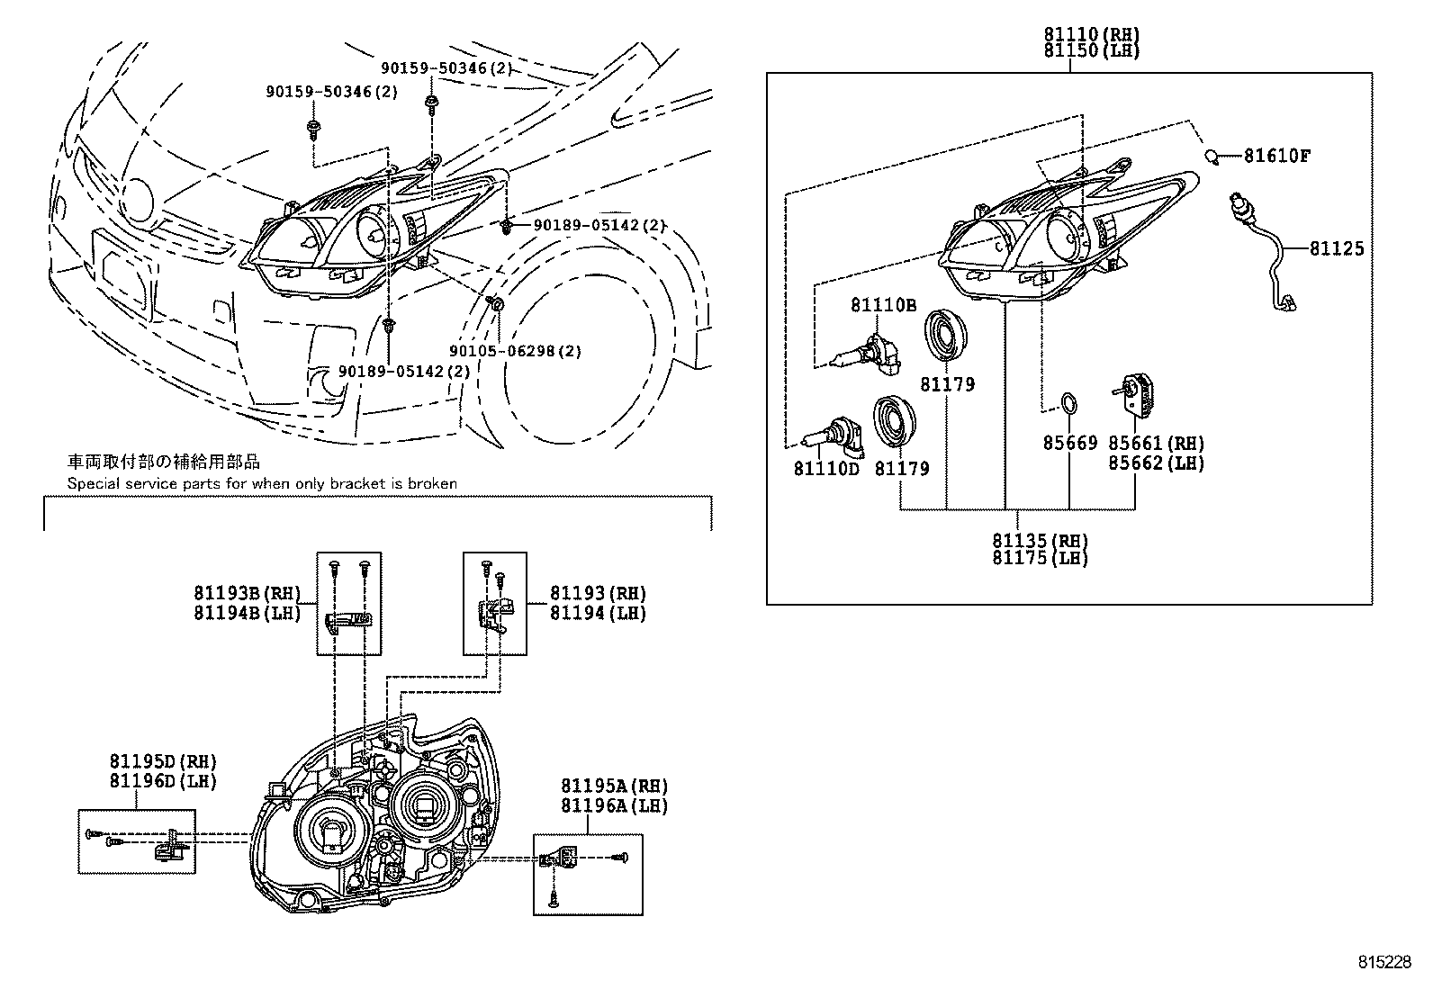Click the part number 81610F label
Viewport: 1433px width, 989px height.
[x=1276, y=156]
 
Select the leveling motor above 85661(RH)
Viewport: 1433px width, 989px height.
[x=1140, y=396]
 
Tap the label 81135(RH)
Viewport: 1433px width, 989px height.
[x=1040, y=541]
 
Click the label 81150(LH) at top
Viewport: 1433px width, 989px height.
[x=1091, y=50]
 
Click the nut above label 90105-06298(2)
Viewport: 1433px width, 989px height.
[x=494, y=304]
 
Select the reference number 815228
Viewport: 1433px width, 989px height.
[x=1384, y=962]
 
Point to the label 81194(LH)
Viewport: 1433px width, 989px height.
[x=598, y=613]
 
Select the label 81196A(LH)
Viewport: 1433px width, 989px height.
[x=614, y=805]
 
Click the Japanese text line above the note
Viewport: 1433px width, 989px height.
[x=165, y=462]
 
